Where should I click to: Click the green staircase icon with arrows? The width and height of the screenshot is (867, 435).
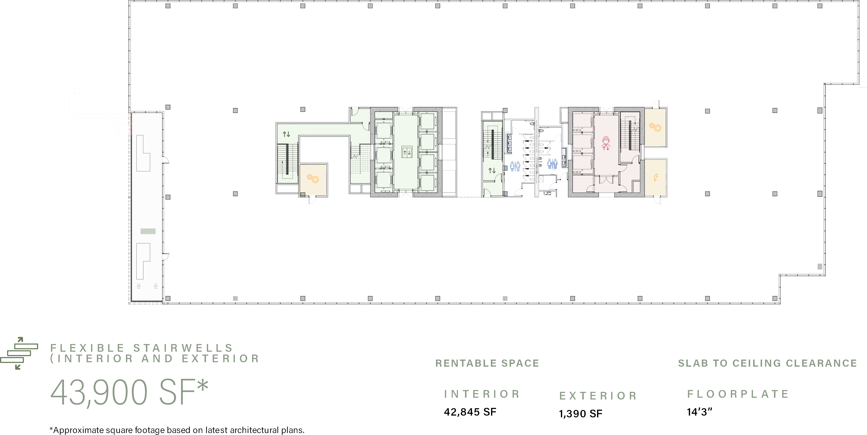19,353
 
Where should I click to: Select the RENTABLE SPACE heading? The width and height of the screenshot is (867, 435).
487,363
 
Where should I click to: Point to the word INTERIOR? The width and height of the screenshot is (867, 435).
482,394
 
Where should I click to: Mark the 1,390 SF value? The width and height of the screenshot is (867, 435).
580,413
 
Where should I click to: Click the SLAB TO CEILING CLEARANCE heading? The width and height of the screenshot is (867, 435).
767,363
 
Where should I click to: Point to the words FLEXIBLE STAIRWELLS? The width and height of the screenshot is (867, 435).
141,348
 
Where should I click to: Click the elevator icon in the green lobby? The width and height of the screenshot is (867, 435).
407,152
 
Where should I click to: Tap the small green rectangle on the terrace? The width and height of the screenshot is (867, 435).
148,231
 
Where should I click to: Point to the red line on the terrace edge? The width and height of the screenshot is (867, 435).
131,123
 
